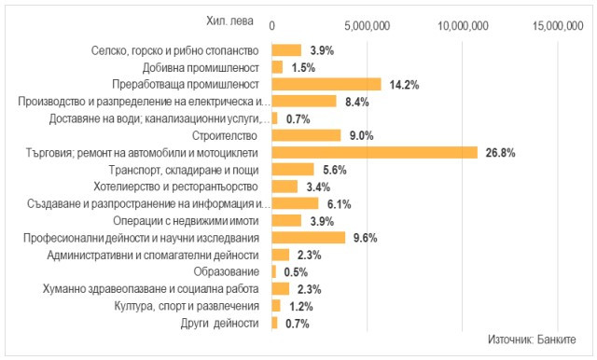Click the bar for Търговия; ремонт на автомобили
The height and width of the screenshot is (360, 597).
coord(373,152)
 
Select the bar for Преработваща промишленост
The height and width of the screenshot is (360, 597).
coord(326,84)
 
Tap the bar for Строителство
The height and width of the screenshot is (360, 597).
coord(306,135)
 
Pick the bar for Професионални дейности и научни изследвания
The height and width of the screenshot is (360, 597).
coord(308,238)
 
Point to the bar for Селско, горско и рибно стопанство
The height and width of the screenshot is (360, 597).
coord(286,50)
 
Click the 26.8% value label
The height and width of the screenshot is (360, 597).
coord(500,152)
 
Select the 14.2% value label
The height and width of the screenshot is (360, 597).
coord(404,85)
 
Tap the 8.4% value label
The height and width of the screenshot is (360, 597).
coord(355,102)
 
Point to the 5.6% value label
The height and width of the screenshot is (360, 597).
coord(333,170)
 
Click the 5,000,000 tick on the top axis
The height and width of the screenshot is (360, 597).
coord(368,26)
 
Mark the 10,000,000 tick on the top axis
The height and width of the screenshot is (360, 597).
coord(465,26)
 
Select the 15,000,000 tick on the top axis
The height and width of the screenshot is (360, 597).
coord(562,26)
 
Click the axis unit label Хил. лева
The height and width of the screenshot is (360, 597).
coord(228,20)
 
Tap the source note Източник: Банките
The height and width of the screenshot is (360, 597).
coord(531,339)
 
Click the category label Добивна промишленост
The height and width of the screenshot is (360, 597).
coord(200,67)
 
